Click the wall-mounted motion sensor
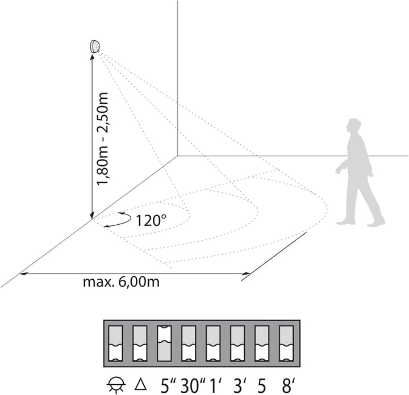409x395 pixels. [95, 47]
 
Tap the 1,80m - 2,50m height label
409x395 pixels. [102, 138]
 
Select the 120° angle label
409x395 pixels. [151, 220]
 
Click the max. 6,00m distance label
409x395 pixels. [121, 282]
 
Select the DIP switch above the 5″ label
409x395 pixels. [164, 343]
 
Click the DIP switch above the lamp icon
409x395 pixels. [115, 343]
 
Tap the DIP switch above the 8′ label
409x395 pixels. [286, 343]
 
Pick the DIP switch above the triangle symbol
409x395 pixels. [140, 343]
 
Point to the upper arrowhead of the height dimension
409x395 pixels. [93, 57]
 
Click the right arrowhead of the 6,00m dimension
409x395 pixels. [247, 274]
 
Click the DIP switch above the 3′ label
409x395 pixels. [237, 343]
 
